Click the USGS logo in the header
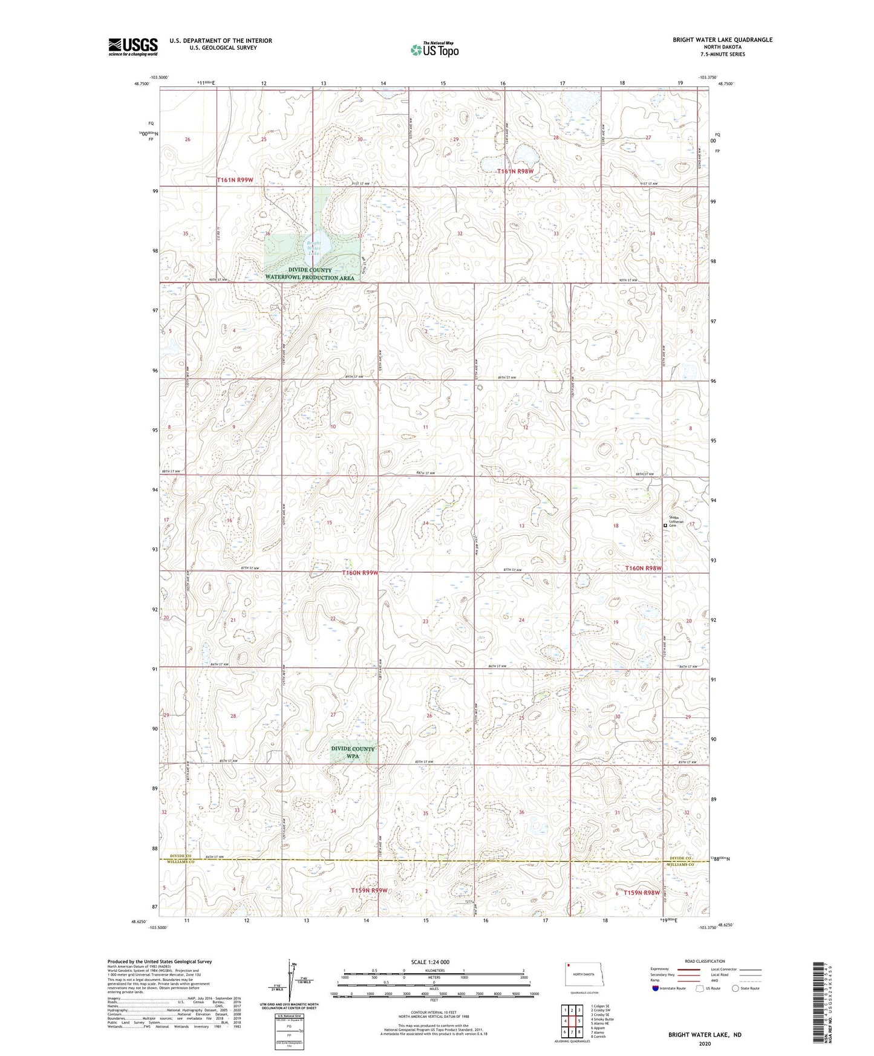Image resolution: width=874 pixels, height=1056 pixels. (133, 46)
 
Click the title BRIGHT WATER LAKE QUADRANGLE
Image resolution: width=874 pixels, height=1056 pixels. (722, 40)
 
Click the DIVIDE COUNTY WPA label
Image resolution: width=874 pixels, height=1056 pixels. (353, 752)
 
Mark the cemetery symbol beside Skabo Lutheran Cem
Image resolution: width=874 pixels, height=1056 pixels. (665, 526)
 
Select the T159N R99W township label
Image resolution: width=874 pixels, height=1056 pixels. (369, 890)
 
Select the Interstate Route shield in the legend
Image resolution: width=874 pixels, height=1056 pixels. (656, 988)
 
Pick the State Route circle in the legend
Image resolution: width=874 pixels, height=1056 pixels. (735, 988)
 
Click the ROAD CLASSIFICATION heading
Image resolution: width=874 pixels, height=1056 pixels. (705, 961)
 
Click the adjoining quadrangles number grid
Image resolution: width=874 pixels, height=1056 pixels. (572, 1020)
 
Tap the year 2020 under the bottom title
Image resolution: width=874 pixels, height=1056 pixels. (704, 1043)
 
